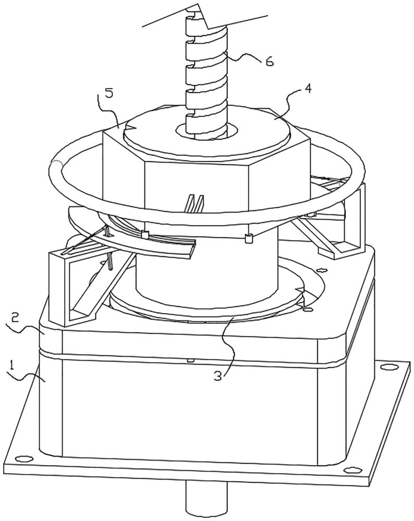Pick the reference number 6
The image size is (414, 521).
pyautogui.click(x=269, y=61)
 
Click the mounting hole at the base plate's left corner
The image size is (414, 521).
pyautogui.click(x=23, y=458)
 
